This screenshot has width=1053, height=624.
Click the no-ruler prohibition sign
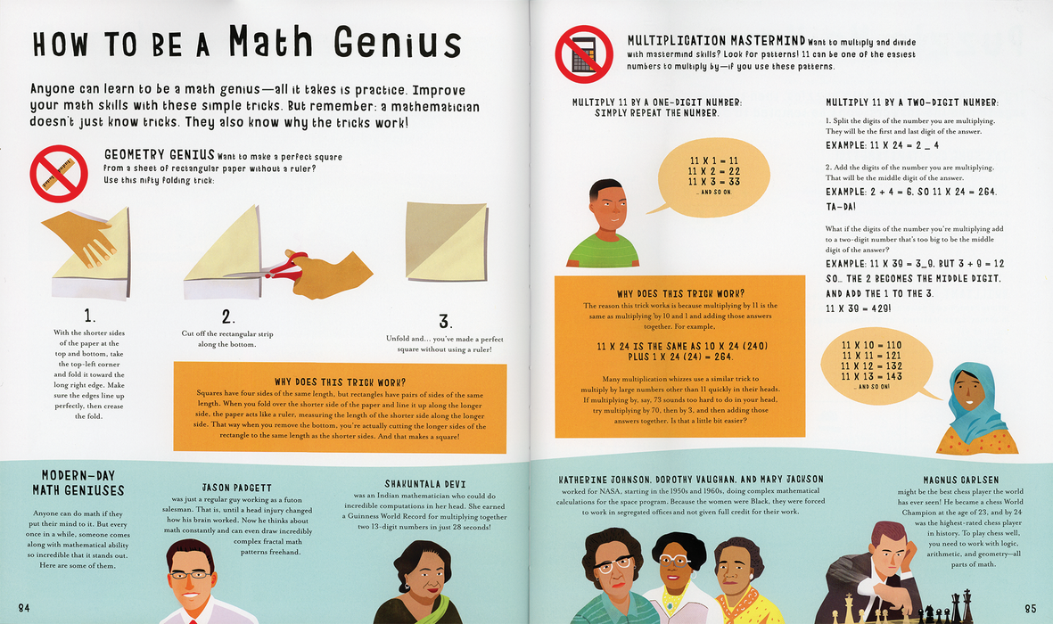(59, 173)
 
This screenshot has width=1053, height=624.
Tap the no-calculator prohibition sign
(584, 54)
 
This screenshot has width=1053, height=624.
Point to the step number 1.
(89, 316)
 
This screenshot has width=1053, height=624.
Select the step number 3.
(444, 321)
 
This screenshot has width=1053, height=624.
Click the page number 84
(24, 608)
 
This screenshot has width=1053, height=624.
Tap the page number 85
(1030, 609)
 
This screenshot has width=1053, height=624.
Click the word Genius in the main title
(398, 44)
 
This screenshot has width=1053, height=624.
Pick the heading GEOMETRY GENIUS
(160, 155)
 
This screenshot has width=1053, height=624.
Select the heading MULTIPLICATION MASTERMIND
(716, 41)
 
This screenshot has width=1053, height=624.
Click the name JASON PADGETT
(237, 488)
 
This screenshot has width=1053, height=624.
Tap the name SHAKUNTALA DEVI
(425, 484)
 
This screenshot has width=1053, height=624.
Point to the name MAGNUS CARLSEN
(960, 480)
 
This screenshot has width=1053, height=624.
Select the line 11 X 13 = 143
(872, 376)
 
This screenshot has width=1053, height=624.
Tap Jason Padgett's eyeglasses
(189, 574)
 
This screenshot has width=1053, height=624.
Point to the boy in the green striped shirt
(603, 224)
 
